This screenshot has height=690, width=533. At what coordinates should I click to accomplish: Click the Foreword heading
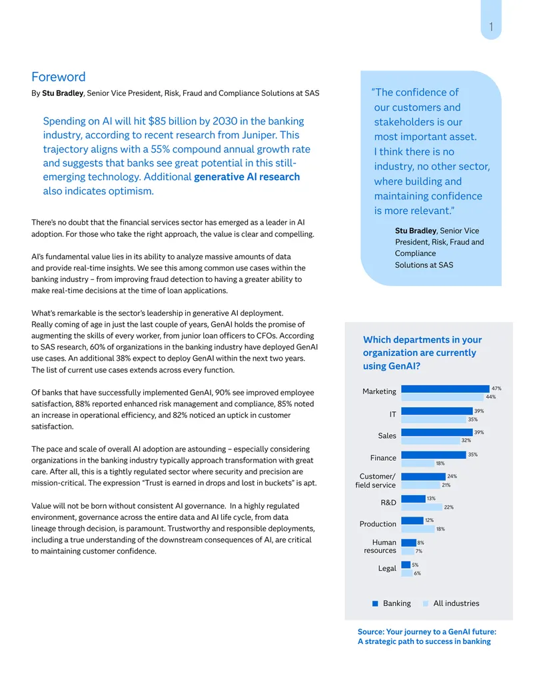tap(59, 77)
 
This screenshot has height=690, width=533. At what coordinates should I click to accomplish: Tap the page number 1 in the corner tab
tap(491, 27)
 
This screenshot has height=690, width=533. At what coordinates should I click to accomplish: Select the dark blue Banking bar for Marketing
tap(445, 389)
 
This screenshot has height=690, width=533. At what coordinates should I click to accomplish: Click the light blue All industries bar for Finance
tap(417, 463)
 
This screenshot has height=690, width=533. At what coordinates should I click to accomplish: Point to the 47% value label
tap(496, 389)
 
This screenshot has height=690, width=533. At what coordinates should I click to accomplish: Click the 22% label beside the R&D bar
tap(448, 507)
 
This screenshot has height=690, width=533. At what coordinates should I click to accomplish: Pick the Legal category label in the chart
tap(387, 568)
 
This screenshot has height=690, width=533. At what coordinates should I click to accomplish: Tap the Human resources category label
tap(380, 546)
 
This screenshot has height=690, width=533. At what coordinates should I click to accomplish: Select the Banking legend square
tap(375, 603)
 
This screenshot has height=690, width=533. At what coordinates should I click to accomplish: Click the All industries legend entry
tap(451, 603)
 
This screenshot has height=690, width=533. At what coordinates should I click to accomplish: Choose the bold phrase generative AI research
tap(247, 177)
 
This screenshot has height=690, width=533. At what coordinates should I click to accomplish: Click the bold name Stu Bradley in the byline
tap(63, 93)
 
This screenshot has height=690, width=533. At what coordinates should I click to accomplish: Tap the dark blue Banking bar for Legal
tap(406, 565)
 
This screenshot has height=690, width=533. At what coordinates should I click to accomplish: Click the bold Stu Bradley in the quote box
tap(416, 231)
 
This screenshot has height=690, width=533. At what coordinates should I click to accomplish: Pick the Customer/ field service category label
tap(376, 481)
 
